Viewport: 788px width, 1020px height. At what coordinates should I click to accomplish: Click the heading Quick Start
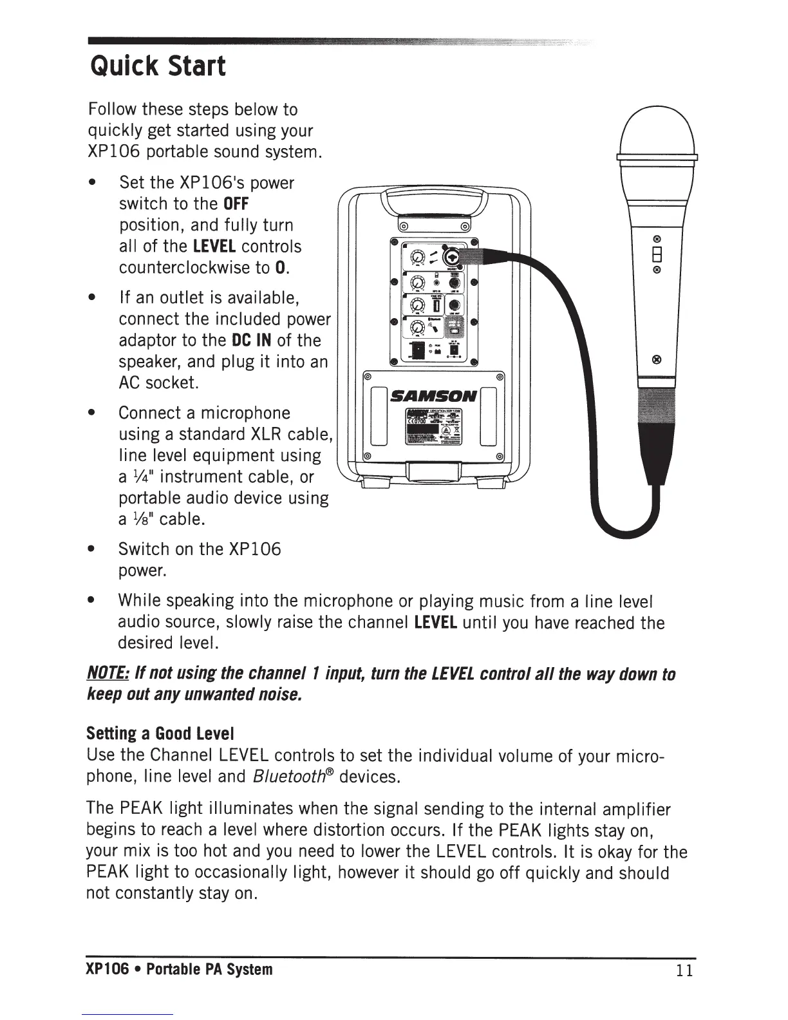(158, 66)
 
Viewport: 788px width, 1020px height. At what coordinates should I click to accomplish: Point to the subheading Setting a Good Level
(160, 733)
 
